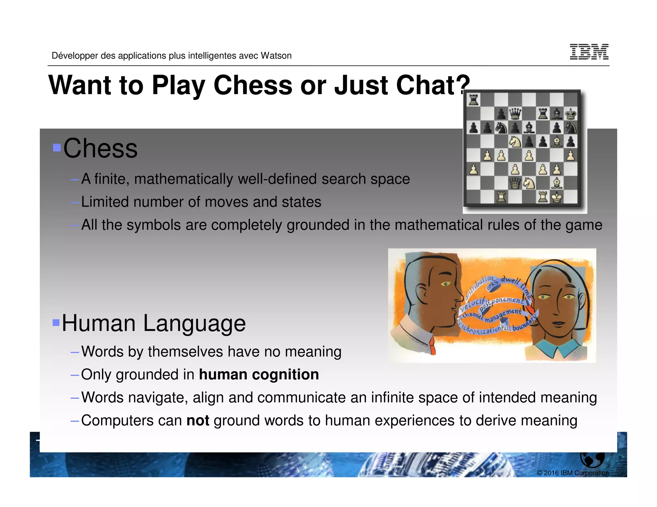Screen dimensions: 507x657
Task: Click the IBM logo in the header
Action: coord(589,52)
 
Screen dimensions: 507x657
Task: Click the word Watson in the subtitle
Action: coord(276,56)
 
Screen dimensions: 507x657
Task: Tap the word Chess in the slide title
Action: coord(253,85)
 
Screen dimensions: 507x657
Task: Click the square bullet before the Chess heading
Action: coord(57,147)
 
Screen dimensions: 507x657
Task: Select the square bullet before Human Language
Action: coord(56,322)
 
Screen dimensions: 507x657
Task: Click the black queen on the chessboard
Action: coord(515,113)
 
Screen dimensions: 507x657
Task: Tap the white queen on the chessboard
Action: coord(515,183)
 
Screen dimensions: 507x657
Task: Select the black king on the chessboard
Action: coord(570,113)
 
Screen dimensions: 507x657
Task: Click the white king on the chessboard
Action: coord(557,197)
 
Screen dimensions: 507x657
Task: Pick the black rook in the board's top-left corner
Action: coord(474,100)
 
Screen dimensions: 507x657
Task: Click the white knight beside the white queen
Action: coord(529,183)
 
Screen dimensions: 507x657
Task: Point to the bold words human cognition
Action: coord(259,374)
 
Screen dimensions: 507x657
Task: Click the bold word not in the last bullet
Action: coord(198,420)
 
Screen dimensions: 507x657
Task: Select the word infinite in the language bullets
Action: coord(392,397)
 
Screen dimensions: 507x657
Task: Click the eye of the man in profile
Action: coord(446,284)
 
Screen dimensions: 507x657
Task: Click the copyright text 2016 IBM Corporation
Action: coord(573,473)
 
